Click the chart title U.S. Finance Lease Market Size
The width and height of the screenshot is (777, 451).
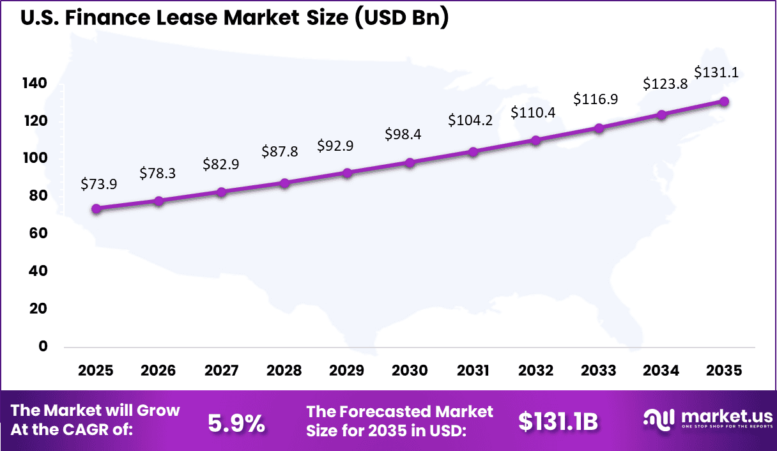(x=235, y=18)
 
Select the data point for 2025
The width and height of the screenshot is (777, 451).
(x=96, y=209)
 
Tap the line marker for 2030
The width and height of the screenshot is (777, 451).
(x=410, y=162)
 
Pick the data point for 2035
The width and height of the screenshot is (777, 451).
(x=724, y=102)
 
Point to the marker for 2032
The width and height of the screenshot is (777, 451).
(x=535, y=141)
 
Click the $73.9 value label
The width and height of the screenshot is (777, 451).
(x=98, y=184)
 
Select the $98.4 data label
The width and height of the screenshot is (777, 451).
(x=403, y=135)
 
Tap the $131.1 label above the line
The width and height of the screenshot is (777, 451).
(x=716, y=72)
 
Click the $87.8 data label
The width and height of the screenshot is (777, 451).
(x=280, y=151)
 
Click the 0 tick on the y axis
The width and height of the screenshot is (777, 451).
(x=43, y=346)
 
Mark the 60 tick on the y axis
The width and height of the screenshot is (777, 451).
(x=39, y=234)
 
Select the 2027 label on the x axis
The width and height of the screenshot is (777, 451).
(x=222, y=371)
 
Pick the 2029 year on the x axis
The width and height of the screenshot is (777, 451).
(x=348, y=371)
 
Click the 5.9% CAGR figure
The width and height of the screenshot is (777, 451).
(x=237, y=422)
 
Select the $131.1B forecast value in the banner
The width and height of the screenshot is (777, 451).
(x=558, y=422)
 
